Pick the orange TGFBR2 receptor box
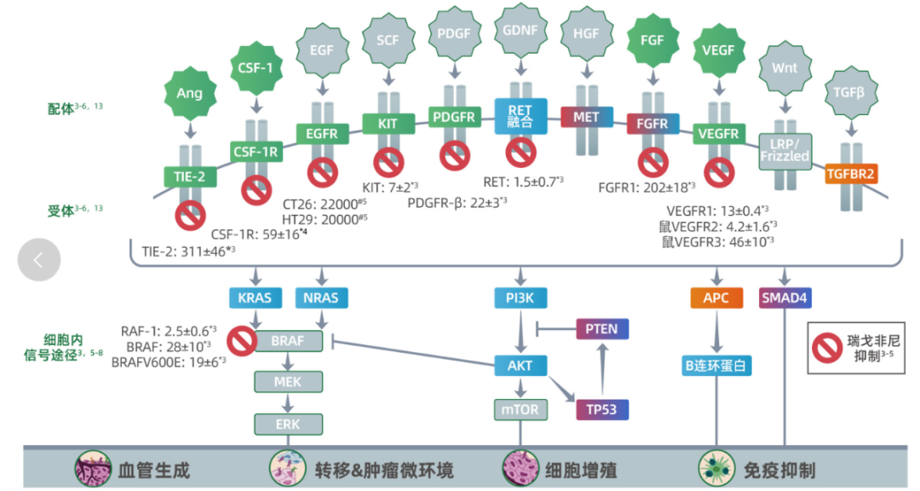[851, 174]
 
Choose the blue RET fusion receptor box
[520, 116]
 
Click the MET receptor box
[587, 116]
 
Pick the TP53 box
[602, 408]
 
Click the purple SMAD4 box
[783, 297]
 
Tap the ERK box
[287, 424]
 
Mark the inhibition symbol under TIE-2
[190, 214]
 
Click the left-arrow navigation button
[39, 258]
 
